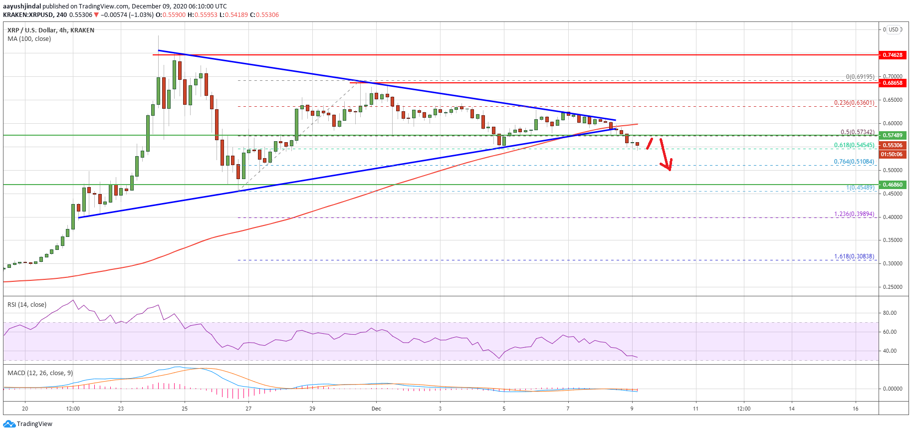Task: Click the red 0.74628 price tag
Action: pos(893,55)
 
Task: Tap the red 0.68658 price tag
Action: pos(893,83)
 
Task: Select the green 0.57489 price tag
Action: pos(893,135)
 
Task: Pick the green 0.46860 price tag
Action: pos(893,185)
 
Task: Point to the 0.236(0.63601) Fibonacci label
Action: pos(854,103)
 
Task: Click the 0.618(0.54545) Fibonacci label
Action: pos(854,145)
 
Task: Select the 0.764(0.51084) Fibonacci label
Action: pos(854,162)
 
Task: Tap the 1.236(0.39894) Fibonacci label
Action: pos(854,214)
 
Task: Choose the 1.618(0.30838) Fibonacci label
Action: pos(854,256)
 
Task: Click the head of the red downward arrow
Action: pos(669,168)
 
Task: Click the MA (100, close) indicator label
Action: pos(29,39)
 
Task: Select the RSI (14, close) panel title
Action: pos(27,305)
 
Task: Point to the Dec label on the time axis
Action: pos(376,409)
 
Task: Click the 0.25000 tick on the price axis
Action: pos(893,287)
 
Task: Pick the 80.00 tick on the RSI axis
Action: pos(890,313)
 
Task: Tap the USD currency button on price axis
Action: pos(894,29)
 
